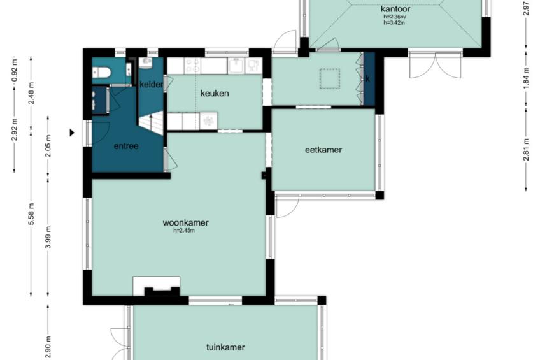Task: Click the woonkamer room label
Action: [x=185, y=223]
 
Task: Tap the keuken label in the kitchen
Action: [x=215, y=94]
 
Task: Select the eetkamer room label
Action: [x=323, y=150]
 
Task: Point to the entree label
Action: [x=126, y=146]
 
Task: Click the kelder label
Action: [x=151, y=84]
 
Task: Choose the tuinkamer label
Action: [x=225, y=347]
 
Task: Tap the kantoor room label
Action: [x=395, y=9]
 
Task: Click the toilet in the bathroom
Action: [x=101, y=73]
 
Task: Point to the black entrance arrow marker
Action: [x=72, y=133]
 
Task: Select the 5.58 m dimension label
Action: [x=32, y=214]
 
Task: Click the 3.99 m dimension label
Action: [x=48, y=238]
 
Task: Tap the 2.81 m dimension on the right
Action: [x=526, y=150]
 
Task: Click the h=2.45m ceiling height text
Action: [x=184, y=231]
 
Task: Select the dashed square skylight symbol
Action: [x=330, y=79]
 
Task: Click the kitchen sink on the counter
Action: [x=236, y=66]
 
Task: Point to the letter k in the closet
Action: [x=368, y=79]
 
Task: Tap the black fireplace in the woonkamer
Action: [x=162, y=291]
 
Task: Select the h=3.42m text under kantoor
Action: [x=394, y=23]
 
